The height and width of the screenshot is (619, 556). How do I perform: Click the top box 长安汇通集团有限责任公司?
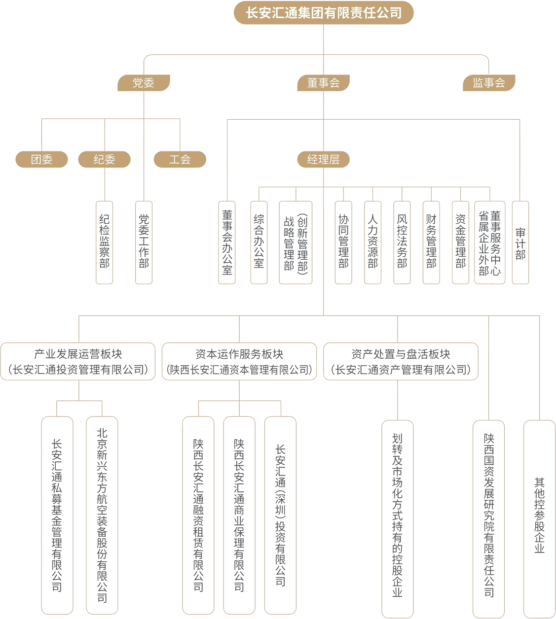click(324, 13)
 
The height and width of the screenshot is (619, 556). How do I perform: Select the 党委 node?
click(144, 83)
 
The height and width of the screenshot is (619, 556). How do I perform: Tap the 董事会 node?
click(324, 83)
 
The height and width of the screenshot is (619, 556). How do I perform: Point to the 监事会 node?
click(489, 83)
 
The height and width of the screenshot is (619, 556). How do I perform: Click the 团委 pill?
click(41, 159)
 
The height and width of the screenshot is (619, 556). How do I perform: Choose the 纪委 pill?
click(105, 159)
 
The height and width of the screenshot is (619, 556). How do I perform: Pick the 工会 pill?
click(180, 159)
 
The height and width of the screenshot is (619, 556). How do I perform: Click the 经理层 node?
click(324, 159)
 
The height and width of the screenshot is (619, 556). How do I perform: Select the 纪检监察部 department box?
click(105, 242)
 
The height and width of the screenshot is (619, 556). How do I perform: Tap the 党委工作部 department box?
click(144, 242)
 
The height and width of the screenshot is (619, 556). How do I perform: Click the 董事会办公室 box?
click(227, 242)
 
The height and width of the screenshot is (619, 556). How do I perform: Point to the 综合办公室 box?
click(259, 242)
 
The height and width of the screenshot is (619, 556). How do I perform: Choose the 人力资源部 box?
click(373, 242)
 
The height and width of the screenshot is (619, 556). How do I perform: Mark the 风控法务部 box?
click(402, 242)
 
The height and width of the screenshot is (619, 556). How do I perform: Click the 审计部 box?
click(520, 242)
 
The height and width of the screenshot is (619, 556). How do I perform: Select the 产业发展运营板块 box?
click(78, 362)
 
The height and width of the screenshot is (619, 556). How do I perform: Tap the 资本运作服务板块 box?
click(239, 362)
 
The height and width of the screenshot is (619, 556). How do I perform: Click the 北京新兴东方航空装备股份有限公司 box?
click(102, 515)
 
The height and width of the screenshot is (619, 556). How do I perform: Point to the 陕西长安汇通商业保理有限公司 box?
click(239, 515)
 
